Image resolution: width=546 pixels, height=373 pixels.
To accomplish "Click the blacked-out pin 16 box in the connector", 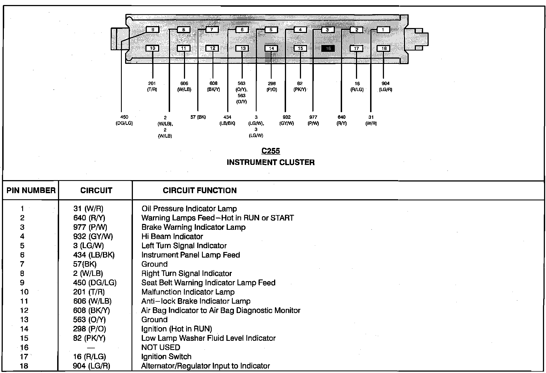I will (x=328, y=48).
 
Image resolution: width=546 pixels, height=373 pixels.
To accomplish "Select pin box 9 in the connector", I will (x=152, y=29).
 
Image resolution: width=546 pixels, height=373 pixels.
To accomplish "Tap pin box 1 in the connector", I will (x=383, y=29).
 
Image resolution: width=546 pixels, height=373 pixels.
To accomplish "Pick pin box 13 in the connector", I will (x=242, y=48).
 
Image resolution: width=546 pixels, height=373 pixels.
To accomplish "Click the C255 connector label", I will (x=271, y=151).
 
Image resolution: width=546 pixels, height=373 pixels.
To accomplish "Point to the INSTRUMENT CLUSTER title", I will (x=271, y=162).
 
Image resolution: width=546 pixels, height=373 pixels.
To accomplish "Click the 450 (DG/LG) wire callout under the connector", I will (x=124, y=120).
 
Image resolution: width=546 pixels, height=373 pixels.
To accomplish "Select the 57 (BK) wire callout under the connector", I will (x=198, y=117).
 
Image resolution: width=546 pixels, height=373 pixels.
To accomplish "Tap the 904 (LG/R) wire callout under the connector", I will (x=385, y=86).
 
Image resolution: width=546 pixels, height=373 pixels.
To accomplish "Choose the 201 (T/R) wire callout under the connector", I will (x=152, y=86).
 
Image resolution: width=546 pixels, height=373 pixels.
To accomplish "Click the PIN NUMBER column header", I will (x=31, y=190).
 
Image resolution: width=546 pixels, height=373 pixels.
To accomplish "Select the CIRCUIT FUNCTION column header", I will (x=200, y=190).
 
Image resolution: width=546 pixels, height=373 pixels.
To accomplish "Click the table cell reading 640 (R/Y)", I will (x=89, y=218).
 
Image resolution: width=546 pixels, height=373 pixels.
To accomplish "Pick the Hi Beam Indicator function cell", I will (x=172, y=236).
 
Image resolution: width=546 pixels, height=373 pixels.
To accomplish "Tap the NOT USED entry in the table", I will (x=161, y=347).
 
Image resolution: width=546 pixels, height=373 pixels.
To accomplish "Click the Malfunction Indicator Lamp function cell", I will (x=188, y=292).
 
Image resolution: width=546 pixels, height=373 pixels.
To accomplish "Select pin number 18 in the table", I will (x=24, y=366).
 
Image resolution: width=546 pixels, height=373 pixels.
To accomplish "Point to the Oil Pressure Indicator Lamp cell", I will (x=189, y=209).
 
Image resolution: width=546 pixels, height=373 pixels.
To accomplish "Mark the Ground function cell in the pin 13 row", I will (x=155, y=320).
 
